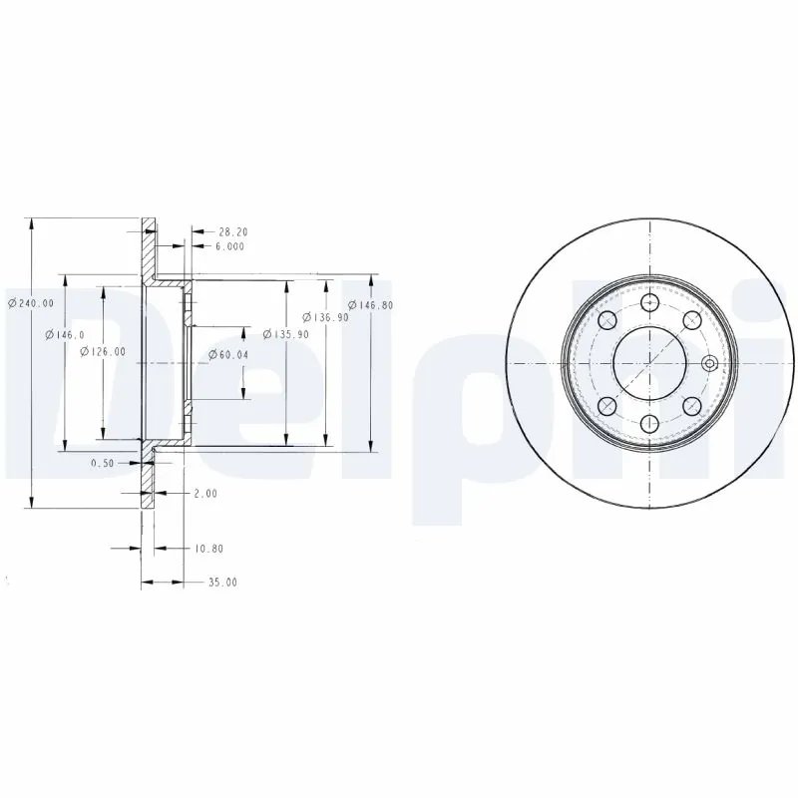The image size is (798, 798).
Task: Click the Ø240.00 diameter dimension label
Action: point(31,304)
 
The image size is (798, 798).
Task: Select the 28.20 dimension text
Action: point(232,231)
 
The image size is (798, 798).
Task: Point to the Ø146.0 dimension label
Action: point(65,335)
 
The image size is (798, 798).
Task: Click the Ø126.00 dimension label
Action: point(103,350)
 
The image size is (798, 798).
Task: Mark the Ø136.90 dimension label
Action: point(329,317)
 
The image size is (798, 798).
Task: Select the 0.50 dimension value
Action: point(102,463)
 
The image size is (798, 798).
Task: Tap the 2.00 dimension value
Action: point(204,493)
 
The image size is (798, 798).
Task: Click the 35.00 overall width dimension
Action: point(223,582)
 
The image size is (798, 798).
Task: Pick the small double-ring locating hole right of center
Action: point(708,362)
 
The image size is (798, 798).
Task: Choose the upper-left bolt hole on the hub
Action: point(605,320)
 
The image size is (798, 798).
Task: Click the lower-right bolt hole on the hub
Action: point(691,404)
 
